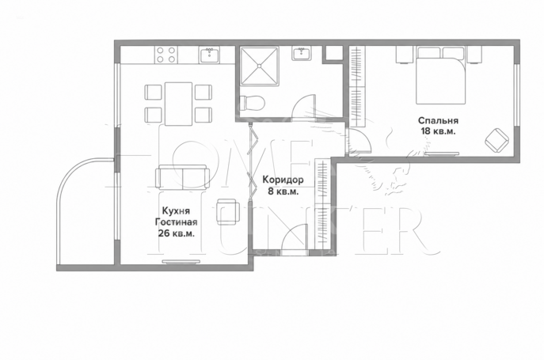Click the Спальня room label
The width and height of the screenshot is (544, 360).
click(438, 121)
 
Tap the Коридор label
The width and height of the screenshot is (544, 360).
click(283, 180)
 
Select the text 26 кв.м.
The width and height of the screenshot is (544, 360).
click(177, 233)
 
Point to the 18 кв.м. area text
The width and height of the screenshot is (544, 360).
click(438, 131)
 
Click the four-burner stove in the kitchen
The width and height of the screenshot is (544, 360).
click(165, 55)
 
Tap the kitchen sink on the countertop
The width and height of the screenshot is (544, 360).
click(209, 55)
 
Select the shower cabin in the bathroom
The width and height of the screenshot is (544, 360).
click(260, 65)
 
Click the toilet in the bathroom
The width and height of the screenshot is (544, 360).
click(253, 103)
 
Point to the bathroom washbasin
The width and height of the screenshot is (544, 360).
click(302, 54)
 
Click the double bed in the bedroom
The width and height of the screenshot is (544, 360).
click(440, 75)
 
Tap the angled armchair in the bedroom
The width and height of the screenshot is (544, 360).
click(496, 140)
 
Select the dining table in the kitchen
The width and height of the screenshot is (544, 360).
click(178, 104)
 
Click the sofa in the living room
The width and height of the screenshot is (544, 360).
click(182, 176)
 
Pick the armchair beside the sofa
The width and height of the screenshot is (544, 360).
click(227, 211)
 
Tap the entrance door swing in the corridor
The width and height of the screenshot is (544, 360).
click(295, 239)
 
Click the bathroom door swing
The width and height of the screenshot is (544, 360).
click(304, 107)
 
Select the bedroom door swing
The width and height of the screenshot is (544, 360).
click(359, 141)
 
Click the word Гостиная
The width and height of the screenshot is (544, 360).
click(177, 222)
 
